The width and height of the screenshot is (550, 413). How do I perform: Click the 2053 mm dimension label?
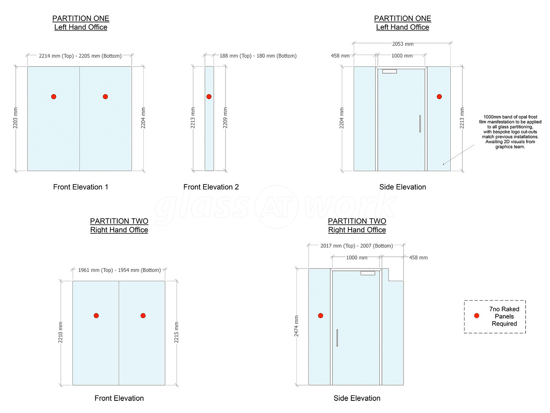(403, 44)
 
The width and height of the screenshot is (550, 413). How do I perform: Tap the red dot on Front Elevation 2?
(209, 97)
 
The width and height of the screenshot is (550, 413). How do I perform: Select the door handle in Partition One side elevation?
(420, 124)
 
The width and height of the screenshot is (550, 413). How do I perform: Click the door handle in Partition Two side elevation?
(337, 338)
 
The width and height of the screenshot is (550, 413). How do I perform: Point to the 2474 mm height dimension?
(296, 326)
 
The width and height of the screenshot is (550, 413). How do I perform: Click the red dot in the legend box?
(476, 316)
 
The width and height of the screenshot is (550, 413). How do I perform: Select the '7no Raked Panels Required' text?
(504, 316)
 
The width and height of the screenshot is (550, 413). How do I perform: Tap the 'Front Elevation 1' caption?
(80, 187)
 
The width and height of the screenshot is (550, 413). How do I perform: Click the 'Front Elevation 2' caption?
(211, 187)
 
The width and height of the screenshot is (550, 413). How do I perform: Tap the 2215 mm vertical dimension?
(176, 332)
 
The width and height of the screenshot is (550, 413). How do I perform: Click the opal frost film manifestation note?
(510, 132)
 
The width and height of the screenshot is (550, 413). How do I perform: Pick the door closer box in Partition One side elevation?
(389, 72)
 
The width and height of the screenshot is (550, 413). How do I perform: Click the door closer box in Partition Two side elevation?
(367, 273)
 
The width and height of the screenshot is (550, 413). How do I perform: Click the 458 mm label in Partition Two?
(418, 257)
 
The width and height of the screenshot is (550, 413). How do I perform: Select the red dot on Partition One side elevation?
(439, 97)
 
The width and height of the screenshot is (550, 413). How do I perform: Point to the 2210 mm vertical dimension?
(60, 332)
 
